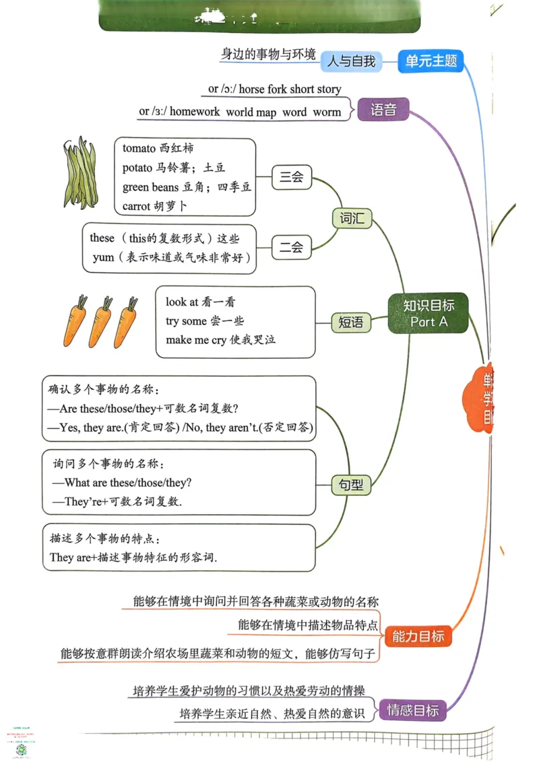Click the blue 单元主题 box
coord(431,61)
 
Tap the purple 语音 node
coord(383,109)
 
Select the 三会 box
coord(291,178)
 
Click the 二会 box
coord(291,247)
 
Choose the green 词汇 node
coord(352,218)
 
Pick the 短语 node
coord(350,322)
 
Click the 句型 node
coord(350,484)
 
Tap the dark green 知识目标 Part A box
coord(428,314)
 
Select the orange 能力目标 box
coord(418,636)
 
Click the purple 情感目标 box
coord(412,709)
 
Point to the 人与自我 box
coord(351,61)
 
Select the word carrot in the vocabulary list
coord(137,206)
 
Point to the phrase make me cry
coord(196,340)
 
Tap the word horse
coord(251,89)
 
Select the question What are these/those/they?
coord(128,483)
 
